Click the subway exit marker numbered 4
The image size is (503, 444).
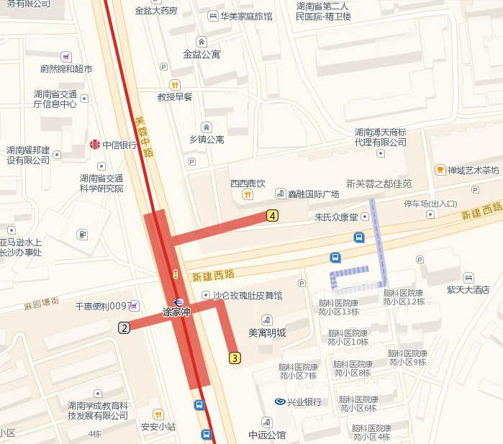(x=272, y=214)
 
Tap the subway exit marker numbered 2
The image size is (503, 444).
(x=124, y=328)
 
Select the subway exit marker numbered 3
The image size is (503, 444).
(x=235, y=358)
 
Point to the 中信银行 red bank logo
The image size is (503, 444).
(x=94, y=145)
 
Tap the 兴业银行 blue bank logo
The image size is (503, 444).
(x=280, y=402)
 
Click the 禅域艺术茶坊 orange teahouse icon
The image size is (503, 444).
(x=440, y=170)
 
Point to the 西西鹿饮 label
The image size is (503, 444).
(x=248, y=184)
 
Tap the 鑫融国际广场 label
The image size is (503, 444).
(x=313, y=194)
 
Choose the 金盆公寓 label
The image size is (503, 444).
(x=201, y=54)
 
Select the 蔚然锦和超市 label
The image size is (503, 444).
(x=66, y=69)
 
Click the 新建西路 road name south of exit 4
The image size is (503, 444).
(x=214, y=275)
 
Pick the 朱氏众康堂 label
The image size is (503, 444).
(x=336, y=217)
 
